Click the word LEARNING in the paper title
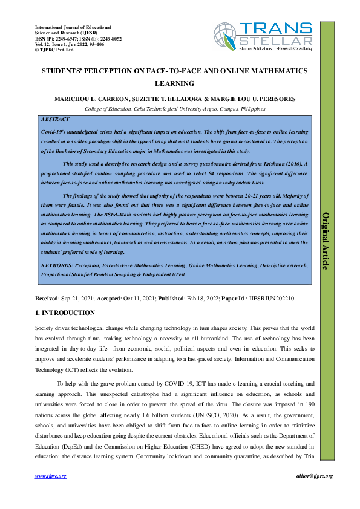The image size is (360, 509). [x=175, y=83]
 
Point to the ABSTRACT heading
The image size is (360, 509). [x=54, y=120]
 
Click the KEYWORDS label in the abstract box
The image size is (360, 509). [x=59, y=265]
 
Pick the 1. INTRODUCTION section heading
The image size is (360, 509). [x=65, y=313]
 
